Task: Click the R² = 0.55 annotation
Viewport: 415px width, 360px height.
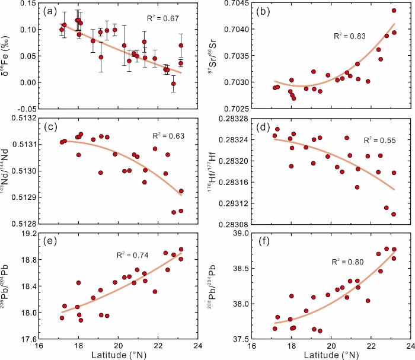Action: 362,140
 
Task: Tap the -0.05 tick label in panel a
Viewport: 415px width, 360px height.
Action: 26,109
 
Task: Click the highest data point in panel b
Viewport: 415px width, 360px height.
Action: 394,11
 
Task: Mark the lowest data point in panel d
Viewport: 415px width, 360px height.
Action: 394,214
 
